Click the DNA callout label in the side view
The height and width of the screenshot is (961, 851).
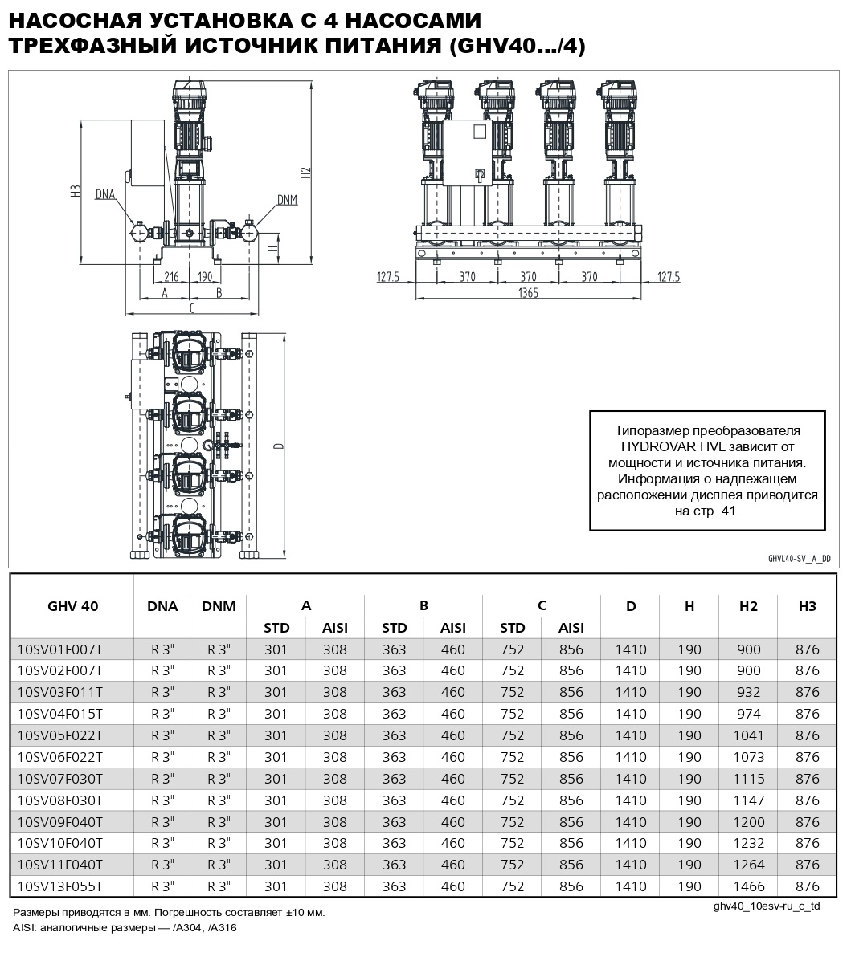(x=105, y=194)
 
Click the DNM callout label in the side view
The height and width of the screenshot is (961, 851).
(x=287, y=199)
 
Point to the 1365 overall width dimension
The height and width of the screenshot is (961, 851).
(x=528, y=294)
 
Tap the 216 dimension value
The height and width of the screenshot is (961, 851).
(x=170, y=277)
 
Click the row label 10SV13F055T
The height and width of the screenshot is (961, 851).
(x=59, y=886)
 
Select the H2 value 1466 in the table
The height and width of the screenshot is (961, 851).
(x=748, y=886)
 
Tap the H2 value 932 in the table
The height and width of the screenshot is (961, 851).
(x=748, y=692)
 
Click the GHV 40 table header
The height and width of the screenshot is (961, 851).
(x=72, y=606)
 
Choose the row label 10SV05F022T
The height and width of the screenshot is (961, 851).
(x=59, y=735)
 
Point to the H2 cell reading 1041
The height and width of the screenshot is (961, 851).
(x=748, y=735)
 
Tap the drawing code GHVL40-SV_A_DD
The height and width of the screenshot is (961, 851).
(x=798, y=558)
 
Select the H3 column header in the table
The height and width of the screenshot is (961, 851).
(x=807, y=606)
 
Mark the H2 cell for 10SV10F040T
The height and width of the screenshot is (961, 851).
(x=748, y=843)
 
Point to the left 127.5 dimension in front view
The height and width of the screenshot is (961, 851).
(x=388, y=277)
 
